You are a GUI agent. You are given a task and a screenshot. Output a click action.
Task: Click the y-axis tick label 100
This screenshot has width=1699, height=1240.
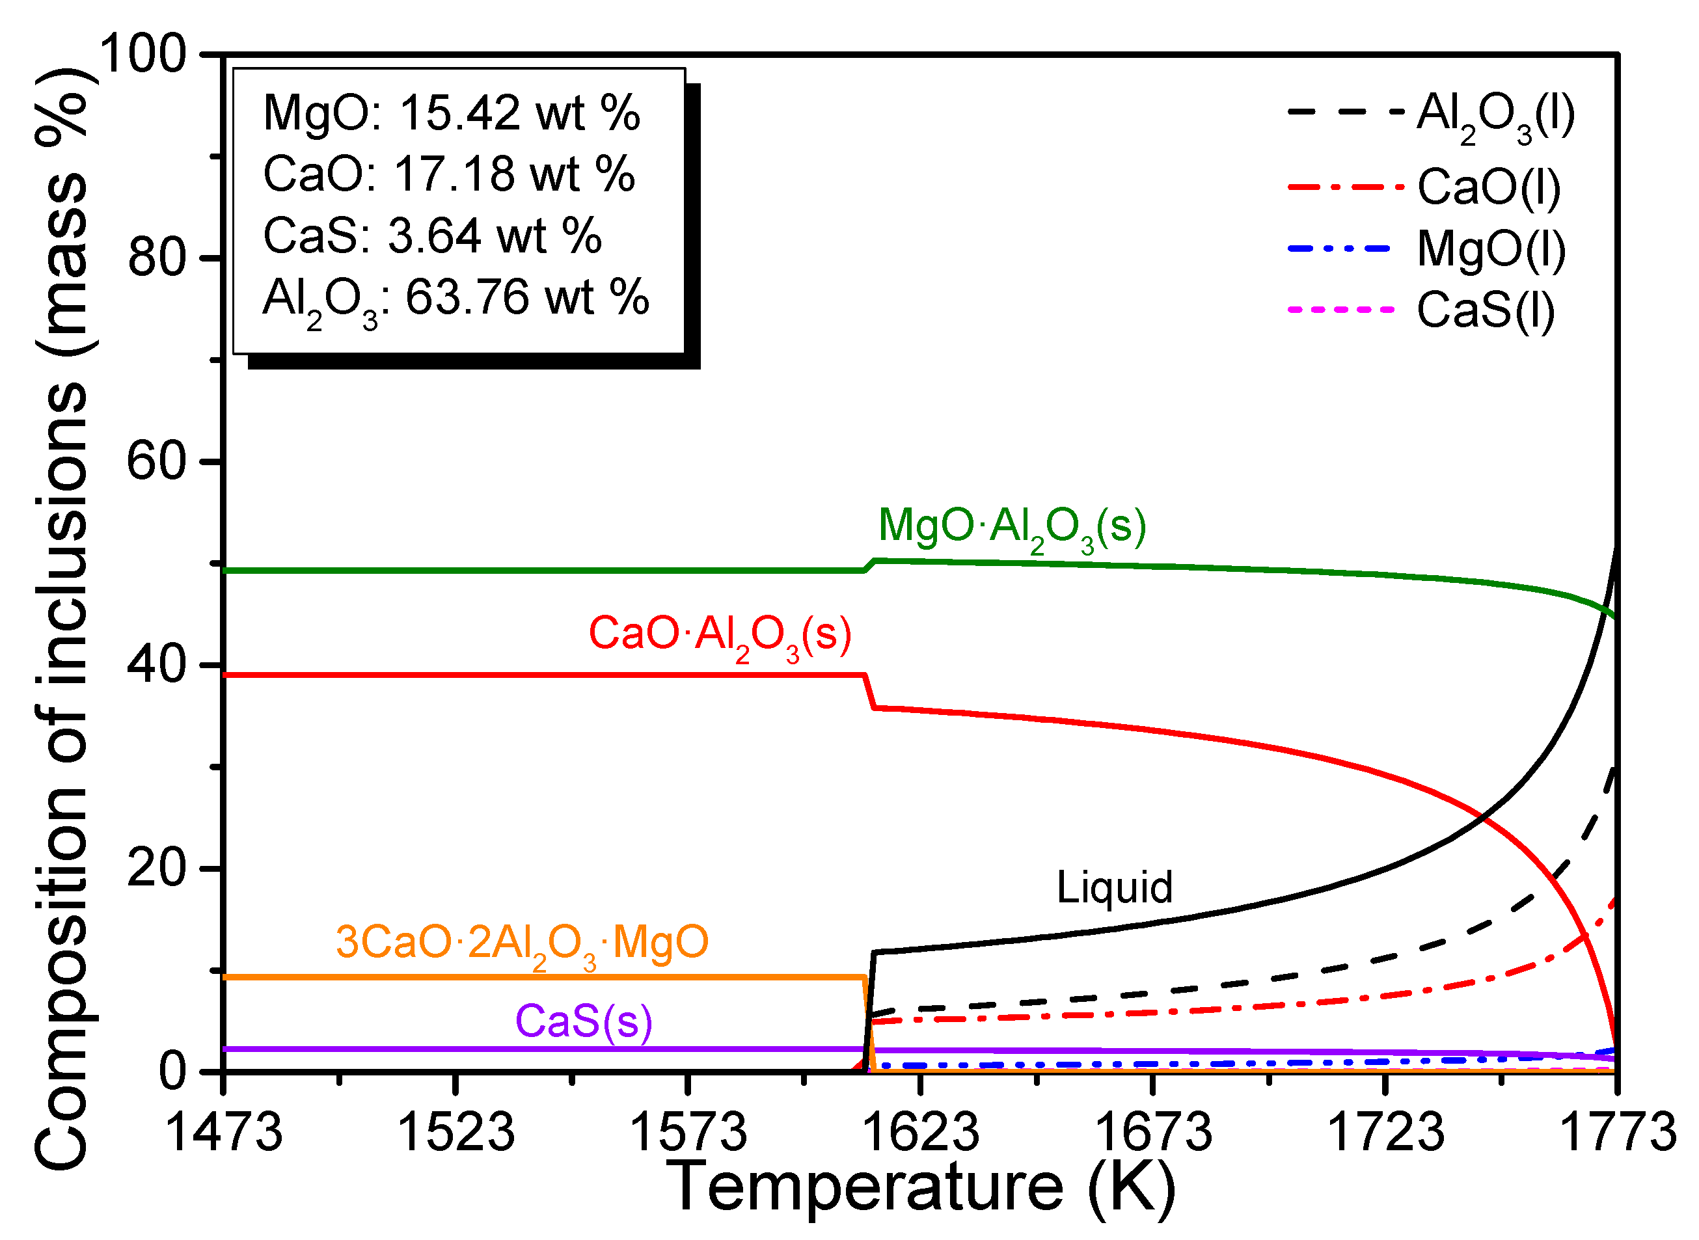click(142, 54)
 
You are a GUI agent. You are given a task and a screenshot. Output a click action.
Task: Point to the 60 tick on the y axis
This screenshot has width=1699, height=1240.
click(156, 461)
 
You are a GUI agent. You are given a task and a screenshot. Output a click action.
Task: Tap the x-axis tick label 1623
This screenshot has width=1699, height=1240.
click(921, 1132)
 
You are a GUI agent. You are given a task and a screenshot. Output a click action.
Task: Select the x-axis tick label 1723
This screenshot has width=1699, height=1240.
click(1386, 1132)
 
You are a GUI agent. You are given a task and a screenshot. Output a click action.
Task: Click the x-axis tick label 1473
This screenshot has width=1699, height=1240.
click(224, 1132)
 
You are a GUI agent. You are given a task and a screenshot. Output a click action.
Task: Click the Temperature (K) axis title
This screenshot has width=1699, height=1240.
click(921, 1188)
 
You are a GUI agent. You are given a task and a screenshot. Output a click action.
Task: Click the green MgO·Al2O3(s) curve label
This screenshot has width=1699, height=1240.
click(1012, 527)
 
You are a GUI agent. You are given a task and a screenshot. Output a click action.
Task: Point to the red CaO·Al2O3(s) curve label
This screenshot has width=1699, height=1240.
click(720, 635)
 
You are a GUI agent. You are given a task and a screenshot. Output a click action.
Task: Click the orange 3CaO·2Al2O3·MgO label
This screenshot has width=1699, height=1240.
click(523, 943)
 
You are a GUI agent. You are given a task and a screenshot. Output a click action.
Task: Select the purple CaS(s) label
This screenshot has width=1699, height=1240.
click(583, 1021)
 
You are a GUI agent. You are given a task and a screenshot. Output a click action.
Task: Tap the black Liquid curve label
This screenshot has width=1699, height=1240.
click(1114, 888)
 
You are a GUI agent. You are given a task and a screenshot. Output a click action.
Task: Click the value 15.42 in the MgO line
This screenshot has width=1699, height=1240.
click(459, 113)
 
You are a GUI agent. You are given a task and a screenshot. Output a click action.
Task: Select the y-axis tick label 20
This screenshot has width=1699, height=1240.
click(156, 869)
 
